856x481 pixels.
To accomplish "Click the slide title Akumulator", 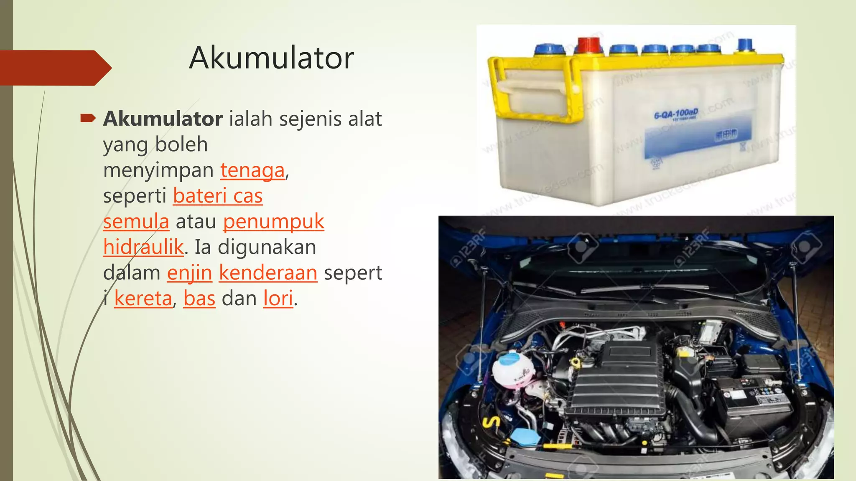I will point(271,58).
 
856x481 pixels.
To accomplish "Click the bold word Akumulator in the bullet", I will point(163,119).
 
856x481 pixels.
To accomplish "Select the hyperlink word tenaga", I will point(252,170).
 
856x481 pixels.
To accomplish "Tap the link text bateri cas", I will point(218,196).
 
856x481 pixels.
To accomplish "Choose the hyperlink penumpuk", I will point(273,221).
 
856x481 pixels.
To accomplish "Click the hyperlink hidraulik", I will point(143,247).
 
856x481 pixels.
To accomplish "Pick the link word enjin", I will point(189,273).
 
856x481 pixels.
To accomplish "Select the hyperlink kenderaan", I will point(268,273).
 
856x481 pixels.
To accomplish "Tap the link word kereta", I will point(143,299).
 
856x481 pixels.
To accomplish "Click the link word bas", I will point(199,299).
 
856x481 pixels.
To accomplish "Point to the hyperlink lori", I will point(278,299).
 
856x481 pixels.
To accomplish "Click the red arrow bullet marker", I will point(88,119).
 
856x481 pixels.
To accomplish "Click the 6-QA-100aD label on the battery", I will point(676,114).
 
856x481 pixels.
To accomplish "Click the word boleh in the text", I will point(181,145).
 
